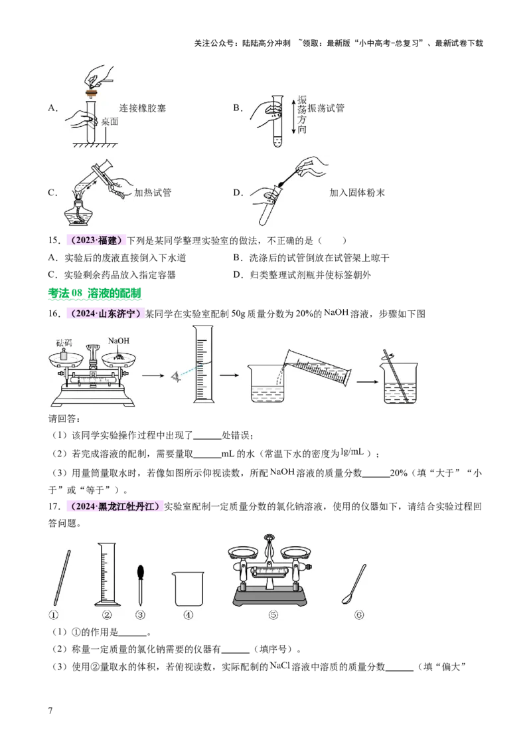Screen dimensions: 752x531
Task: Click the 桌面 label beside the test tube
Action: pyautogui.click(x=109, y=122)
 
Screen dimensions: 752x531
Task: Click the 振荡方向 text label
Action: pyautogui.click(x=303, y=114)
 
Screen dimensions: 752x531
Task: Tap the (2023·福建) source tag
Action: pyautogui.click(x=95, y=241)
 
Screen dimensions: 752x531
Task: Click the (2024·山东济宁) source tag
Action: pyautogui.click(x=105, y=313)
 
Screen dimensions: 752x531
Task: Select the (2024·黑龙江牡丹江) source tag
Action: pyautogui.click(x=114, y=508)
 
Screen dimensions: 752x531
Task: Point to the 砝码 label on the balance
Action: pyautogui.click(x=64, y=343)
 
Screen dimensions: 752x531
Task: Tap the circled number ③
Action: pyautogui.click(x=140, y=614)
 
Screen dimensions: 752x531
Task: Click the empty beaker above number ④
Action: pyautogui.click(x=188, y=589)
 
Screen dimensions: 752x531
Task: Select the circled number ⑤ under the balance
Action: pyautogui.click(x=273, y=614)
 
